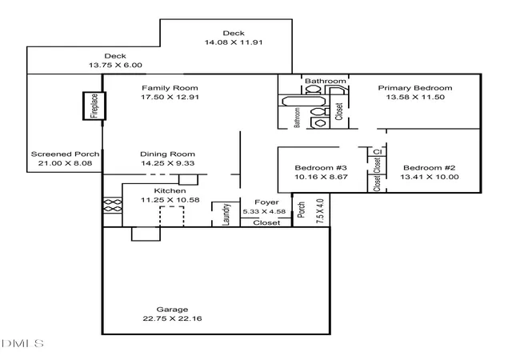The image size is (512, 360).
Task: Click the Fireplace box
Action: [94, 106]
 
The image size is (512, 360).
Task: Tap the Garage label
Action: [172, 310]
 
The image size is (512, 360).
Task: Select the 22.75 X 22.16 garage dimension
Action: [172, 318]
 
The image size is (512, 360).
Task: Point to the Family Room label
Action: [170, 88]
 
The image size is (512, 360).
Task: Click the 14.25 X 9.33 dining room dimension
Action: [167, 163]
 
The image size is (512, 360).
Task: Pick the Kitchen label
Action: [170, 190]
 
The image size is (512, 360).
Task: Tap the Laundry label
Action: [226, 214]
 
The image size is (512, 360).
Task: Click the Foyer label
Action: [266, 202]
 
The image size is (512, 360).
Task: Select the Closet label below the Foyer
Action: [266, 222]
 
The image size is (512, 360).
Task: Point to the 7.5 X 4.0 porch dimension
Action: [320, 211]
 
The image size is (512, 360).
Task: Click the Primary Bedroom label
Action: [415, 88]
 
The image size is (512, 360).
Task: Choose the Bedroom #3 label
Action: [321, 168]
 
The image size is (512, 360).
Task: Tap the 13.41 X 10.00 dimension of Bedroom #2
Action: [430, 177]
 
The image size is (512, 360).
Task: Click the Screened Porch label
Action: [65, 154]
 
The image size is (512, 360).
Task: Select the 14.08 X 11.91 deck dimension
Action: [234, 42]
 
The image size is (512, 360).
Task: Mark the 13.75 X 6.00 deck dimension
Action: [115, 65]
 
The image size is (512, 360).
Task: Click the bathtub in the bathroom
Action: [303, 101]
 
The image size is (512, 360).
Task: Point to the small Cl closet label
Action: [377, 152]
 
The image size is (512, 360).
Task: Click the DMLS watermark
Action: [22, 343]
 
